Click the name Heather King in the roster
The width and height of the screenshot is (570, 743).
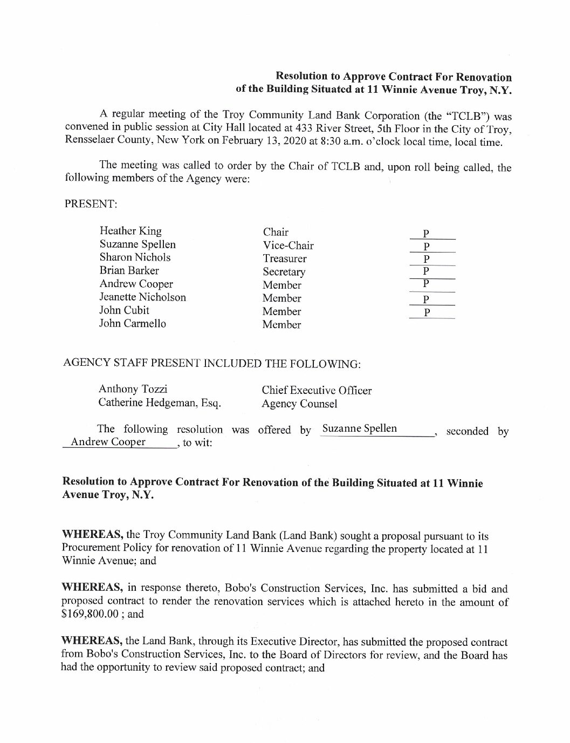(x=131, y=231)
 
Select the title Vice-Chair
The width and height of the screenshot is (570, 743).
(x=288, y=246)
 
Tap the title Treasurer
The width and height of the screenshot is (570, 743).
(x=285, y=258)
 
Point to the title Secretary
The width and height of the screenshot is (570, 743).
(x=284, y=272)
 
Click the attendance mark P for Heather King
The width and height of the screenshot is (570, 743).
(x=426, y=234)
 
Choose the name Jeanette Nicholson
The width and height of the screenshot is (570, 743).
(x=142, y=297)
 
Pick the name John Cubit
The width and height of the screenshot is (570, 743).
(x=124, y=310)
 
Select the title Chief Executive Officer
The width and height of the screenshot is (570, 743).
(x=317, y=390)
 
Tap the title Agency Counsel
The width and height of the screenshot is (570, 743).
(x=299, y=404)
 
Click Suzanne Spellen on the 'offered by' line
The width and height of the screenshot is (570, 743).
(x=359, y=429)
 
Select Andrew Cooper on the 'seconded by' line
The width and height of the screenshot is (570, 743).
(x=108, y=442)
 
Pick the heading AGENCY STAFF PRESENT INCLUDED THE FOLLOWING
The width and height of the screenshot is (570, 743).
(x=211, y=363)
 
